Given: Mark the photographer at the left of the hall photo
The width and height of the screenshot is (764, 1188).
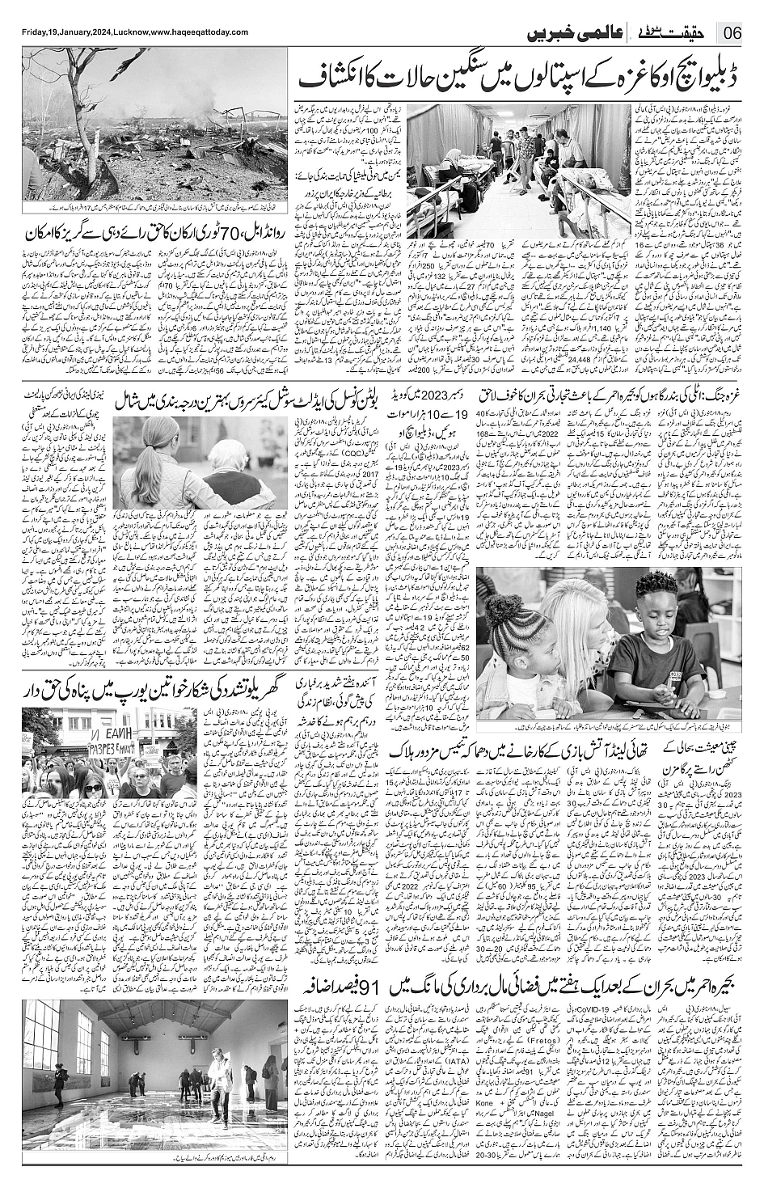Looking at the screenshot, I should click(58, 1082).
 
